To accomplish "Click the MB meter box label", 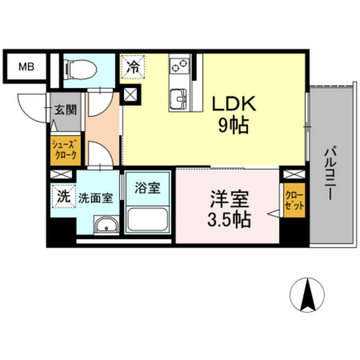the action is coord(26,67).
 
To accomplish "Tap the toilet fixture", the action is coord(80,70).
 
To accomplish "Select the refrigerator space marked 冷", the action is coord(133,67).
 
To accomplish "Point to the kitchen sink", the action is coord(180,99).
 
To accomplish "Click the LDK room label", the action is coord(233,104).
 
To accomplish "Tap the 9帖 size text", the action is coord(233,125).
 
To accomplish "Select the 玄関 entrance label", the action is coord(65,110).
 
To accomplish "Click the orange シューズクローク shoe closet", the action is coord(66,150).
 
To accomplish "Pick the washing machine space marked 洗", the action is coord(64,196).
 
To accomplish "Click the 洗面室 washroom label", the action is coord(96,198).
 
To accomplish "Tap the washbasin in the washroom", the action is coord(106,225).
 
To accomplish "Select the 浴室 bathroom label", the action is coord(147,187).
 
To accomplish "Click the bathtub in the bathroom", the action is coord(147,219).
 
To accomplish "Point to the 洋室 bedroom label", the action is coord(229,199).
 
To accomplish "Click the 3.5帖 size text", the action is coord(229,219).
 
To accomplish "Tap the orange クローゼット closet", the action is coord(294,200).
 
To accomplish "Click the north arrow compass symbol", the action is coord(307,295).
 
